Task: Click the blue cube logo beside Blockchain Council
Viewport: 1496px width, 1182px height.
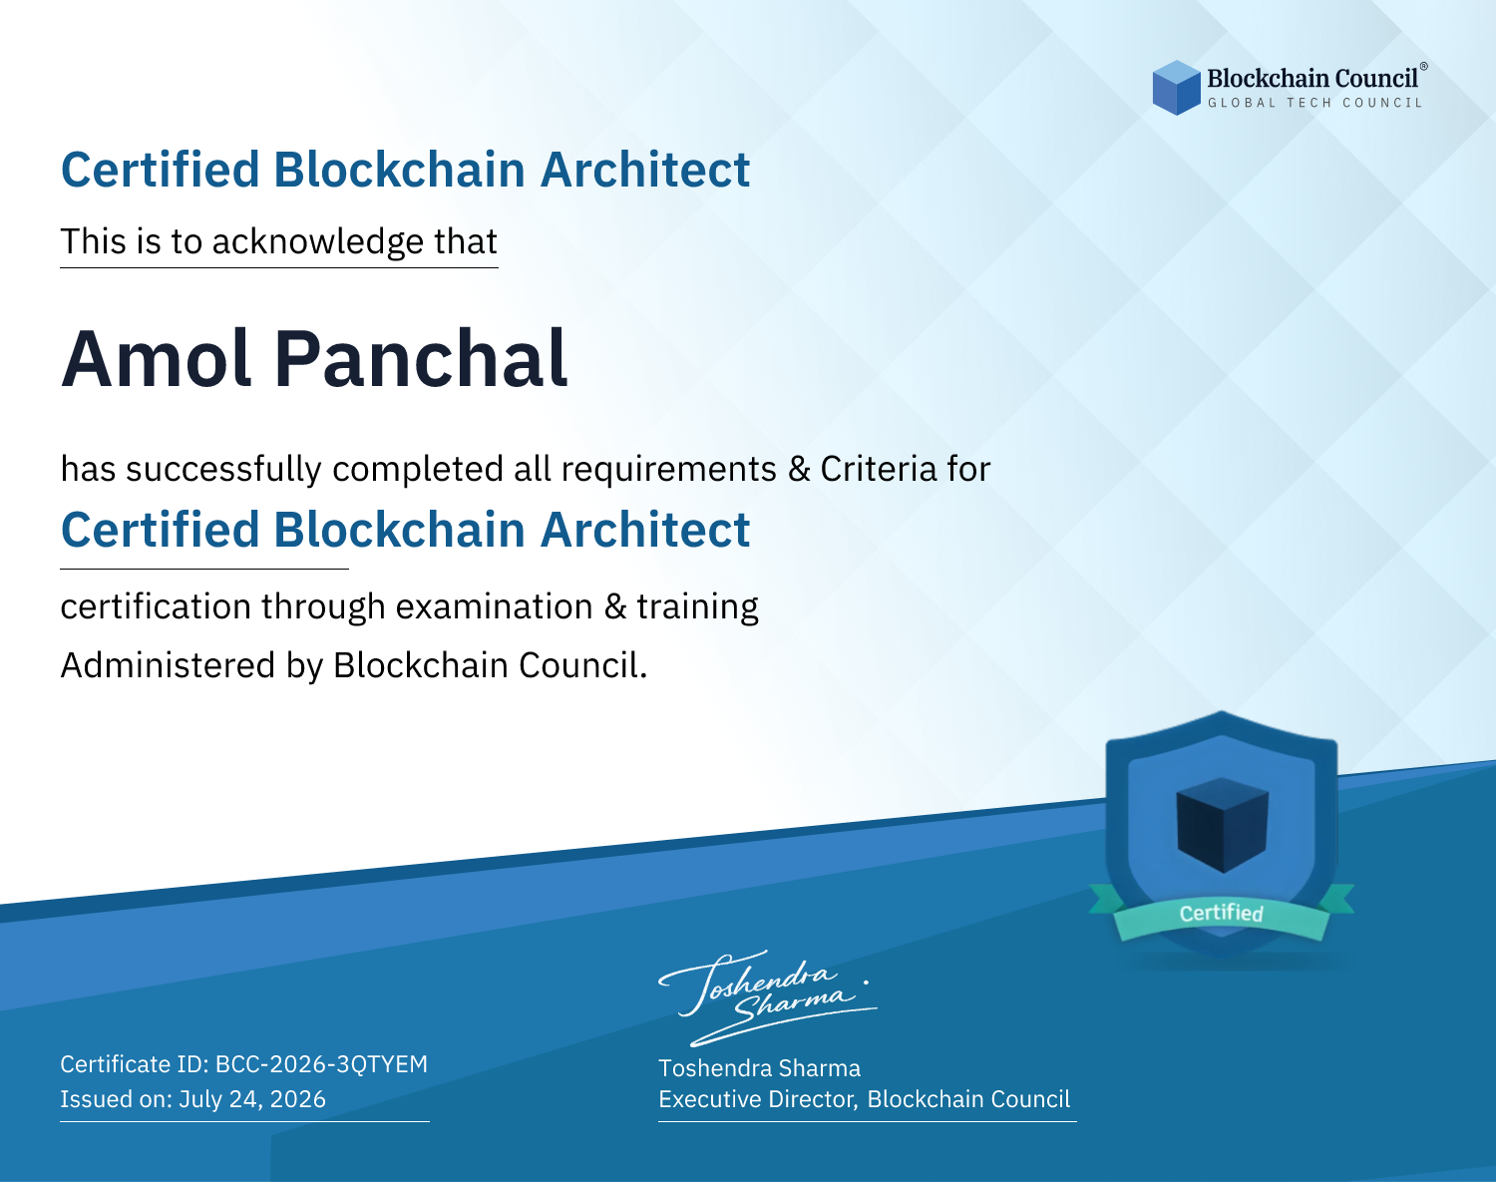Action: pyautogui.click(x=1176, y=88)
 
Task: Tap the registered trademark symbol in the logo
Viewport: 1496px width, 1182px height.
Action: pyautogui.click(x=1423, y=67)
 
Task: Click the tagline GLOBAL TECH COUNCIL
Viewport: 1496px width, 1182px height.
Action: pyautogui.click(x=1315, y=103)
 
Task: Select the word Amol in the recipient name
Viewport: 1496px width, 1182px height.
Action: pyautogui.click(x=156, y=359)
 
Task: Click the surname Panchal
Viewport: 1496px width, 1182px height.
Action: pyautogui.click(x=421, y=359)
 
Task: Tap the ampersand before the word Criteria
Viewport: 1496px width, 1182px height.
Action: pyautogui.click(x=799, y=470)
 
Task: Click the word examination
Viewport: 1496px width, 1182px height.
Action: pyautogui.click(x=495, y=606)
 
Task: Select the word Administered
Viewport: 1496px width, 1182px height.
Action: pyautogui.click(x=169, y=665)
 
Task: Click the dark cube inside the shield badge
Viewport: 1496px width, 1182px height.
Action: pyautogui.click(x=1222, y=825)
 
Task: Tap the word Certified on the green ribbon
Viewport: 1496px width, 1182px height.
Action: pyautogui.click(x=1222, y=913)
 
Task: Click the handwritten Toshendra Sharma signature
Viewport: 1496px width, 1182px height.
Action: pyautogui.click(x=768, y=997)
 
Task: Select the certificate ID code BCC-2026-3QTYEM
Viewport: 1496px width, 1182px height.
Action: pyautogui.click(x=321, y=1064)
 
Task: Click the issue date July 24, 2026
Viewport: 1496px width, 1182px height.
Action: pyautogui.click(x=252, y=1099)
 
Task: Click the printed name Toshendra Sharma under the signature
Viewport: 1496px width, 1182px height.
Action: pyautogui.click(x=759, y=1068)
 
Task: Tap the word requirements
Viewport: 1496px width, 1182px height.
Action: pyautogui.click(x=669, y=470)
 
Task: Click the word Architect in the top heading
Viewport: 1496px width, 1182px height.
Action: pyautogui.click(x=645, y=170)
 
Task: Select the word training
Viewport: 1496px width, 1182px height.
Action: pyautogui.click(x=697, y=606)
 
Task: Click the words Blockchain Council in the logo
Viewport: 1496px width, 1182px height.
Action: pyautogui.click(x=1312, y=79)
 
